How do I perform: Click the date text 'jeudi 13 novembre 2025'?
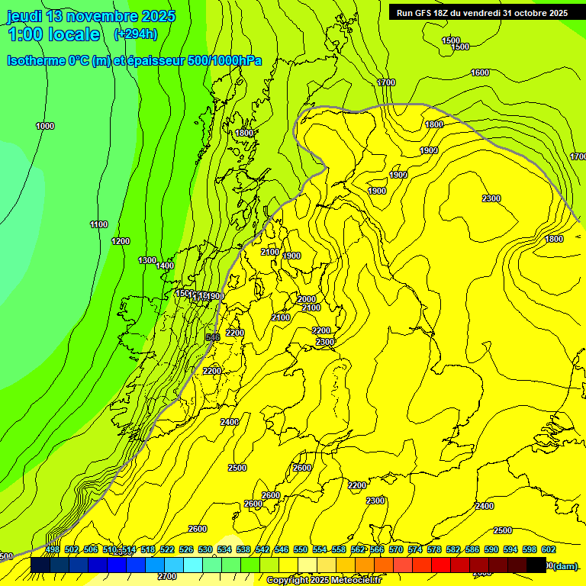pyautogui.click(x=91, y=16)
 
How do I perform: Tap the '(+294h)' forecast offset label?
pyautogui.click(x=135, y=34)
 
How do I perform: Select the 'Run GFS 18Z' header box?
pyautogui.click(x=481, y=13)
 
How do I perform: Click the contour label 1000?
pyautogui.click(x=45, y=126)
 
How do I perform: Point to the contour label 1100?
pyautogui.click(x=98, y=224)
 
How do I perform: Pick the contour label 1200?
pyautogui.click(x=121, y=241)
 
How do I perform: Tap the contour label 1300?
pyautogui.click(x=147, y=260)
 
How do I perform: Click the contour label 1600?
pyautogui.click(x=480, y=72)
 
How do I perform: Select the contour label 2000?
pyautogui.click(x=307, y=299)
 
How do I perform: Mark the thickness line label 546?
pyautogui.click(x=213, y=336)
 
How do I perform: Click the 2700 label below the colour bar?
pyautogui.click(x=167, y=576)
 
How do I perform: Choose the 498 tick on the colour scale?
pyautogui.click(x=53, y=549)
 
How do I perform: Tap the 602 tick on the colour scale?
pyautogui.click(x=549, y=549)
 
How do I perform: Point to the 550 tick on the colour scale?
pyautogui.click(x=301, y=549)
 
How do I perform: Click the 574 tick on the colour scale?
pyautogui.click(x=415, y=549)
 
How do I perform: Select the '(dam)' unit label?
pyautogui.click(x=565, y=565)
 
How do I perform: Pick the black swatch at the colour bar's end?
pyautogui.click(x=536, y=565)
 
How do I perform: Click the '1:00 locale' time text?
pyautogui.click(x=54, y=34)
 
